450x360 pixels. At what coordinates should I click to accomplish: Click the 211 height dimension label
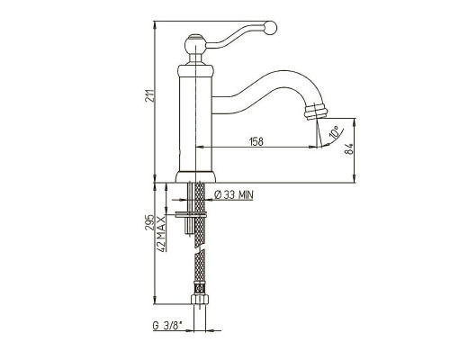click(150, 95)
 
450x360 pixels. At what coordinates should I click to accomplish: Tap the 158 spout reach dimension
click(256, 141)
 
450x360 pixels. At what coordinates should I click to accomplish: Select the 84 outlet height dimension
click(349, 148)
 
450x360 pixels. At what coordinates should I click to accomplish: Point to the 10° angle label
click(335, 132)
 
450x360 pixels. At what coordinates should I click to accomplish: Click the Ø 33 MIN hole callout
click(234, 195)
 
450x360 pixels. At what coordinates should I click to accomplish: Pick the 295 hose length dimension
click(149, 222)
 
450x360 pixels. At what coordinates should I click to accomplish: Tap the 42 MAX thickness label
click(161, 234)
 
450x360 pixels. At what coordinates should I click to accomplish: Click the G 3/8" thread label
click(167, 326)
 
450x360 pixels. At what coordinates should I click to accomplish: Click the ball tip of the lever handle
click(270, 27)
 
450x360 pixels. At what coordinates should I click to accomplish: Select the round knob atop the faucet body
click(195, 45)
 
